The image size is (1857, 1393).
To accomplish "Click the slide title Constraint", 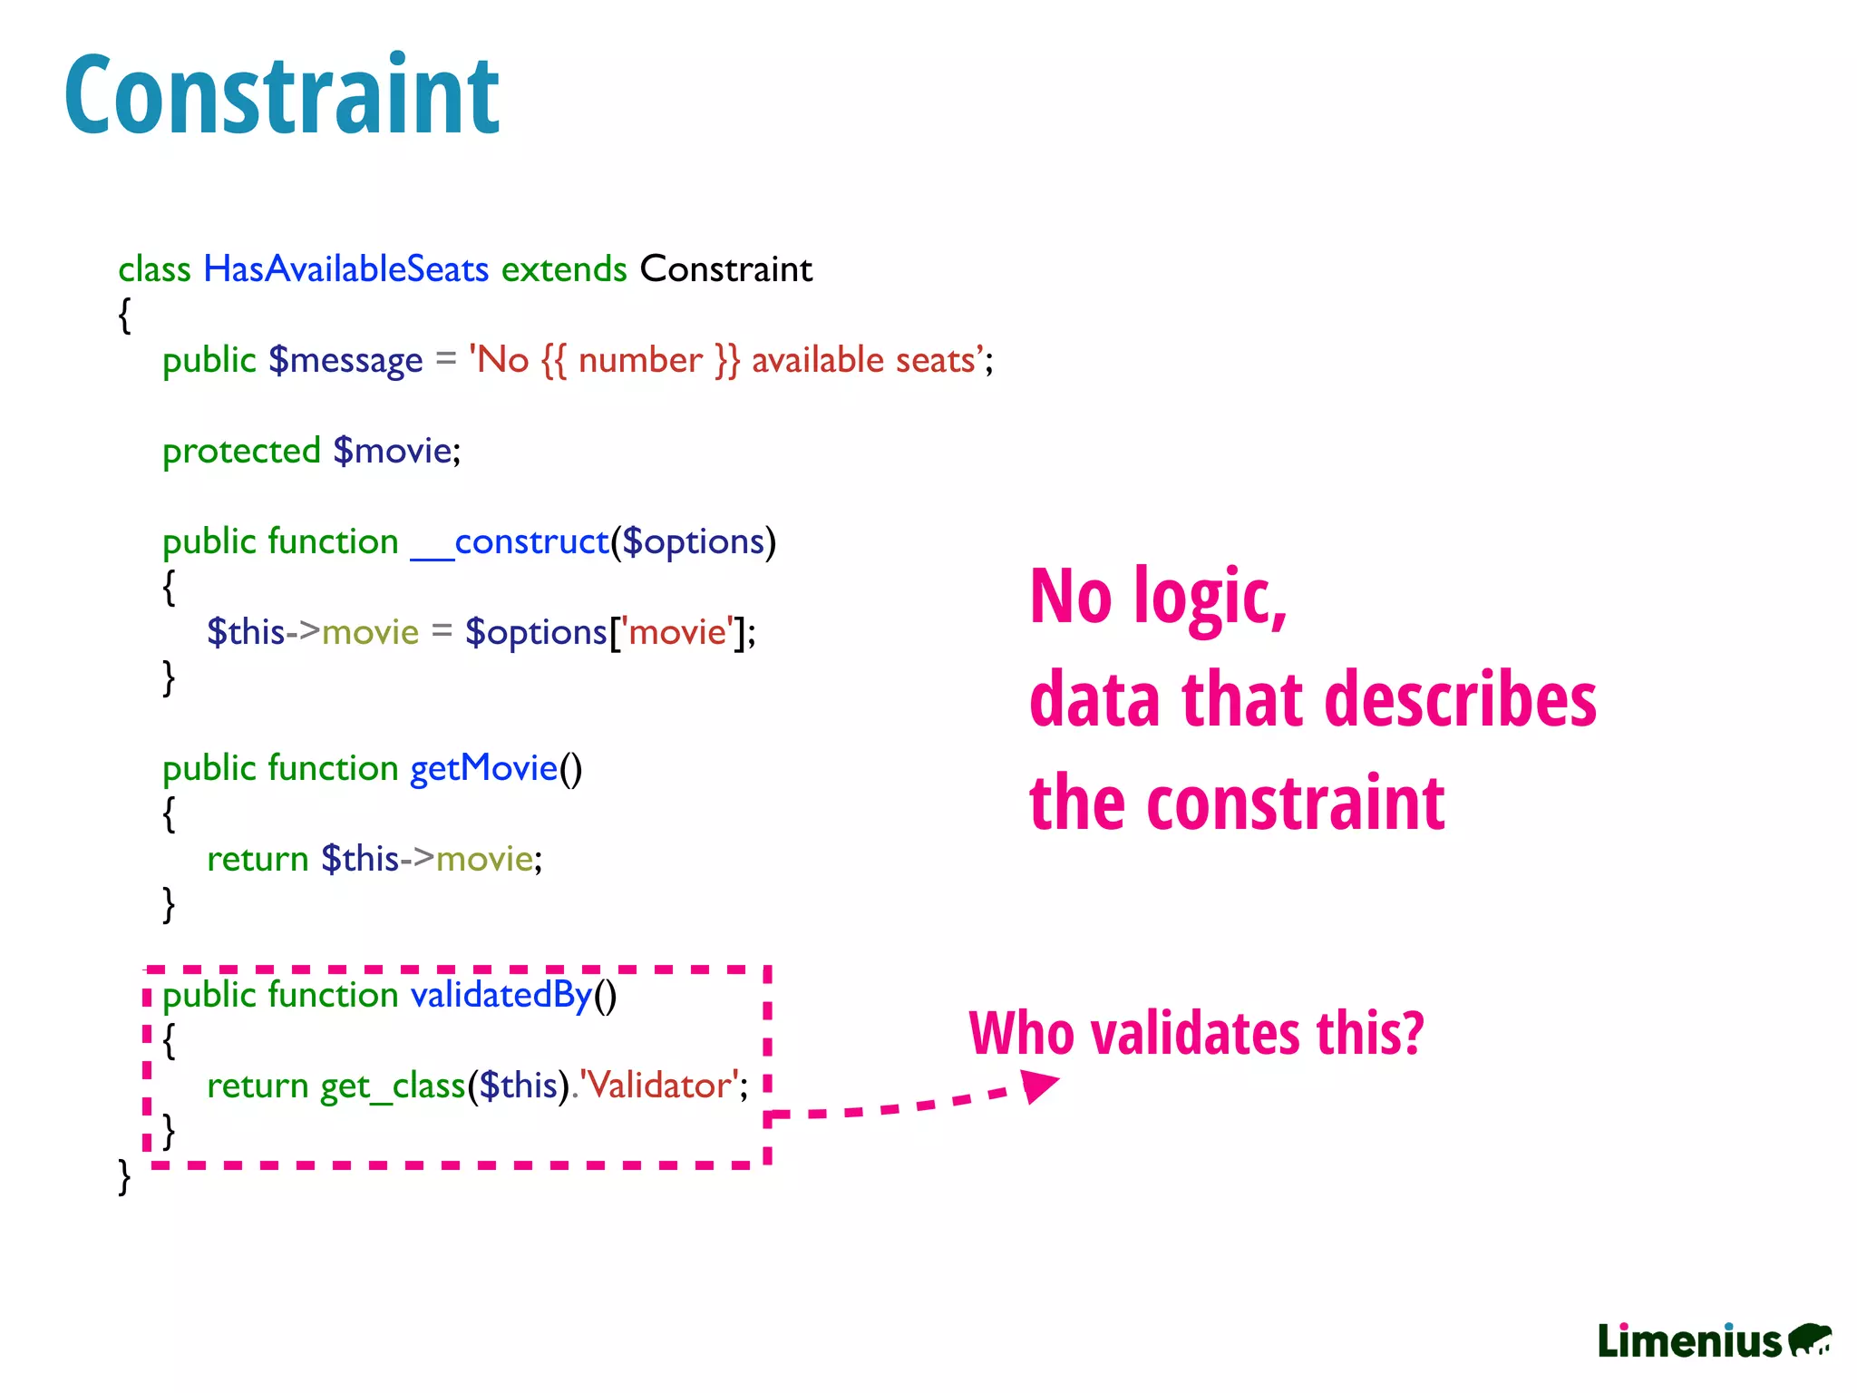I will (x=281, y=95).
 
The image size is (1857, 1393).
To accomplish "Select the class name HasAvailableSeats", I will (x=345, y=269).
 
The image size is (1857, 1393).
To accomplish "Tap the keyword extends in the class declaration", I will (x=564, y=269).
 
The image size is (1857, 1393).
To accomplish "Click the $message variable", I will (x=345, y=360).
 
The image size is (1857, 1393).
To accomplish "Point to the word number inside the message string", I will (x=640, y=360).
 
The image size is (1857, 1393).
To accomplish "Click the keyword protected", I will (x=241, y=451).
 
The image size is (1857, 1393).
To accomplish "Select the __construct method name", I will (x=510, y=541).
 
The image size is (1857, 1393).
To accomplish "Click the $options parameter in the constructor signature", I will (x=694, y=541).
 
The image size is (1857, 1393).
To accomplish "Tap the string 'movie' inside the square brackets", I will (x=677, y=632).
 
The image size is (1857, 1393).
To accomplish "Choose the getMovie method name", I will (x=483, y=768).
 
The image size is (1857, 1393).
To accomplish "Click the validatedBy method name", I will (x=501, y=995).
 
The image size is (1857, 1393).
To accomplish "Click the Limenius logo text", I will (x=1689, y=1341).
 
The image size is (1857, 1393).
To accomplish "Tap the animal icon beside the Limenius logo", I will (x=1810, y=1339).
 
